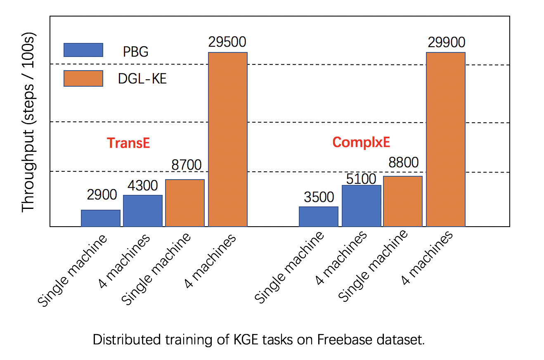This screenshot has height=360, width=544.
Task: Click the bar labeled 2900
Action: coord(101,218)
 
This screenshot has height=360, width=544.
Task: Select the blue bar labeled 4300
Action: coord(143,211)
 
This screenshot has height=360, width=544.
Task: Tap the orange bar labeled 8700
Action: coord(185,203)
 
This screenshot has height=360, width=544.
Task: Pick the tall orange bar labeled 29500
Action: coord(228,140)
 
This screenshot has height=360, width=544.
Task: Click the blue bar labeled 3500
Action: coord(319,216)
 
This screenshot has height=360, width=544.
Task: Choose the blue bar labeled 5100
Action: coord(362,206)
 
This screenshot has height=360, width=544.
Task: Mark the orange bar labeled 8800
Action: coord(403,201)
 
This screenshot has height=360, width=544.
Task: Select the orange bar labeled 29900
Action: coord(446,140)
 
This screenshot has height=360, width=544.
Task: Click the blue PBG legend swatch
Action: coord(83,50)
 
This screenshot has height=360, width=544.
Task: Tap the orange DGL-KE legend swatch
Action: coord(83,78)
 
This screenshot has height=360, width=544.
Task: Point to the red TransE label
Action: coord(128,143)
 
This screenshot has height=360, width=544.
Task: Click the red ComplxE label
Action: coord(361,142)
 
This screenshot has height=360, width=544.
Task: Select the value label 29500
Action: coord(227,43)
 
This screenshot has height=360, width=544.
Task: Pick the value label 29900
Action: coord(447,42)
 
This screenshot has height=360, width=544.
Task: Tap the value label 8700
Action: coord(187,165)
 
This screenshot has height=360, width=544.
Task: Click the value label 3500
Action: coord(319,197)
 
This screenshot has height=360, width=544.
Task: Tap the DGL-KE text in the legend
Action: coord(142,78)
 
